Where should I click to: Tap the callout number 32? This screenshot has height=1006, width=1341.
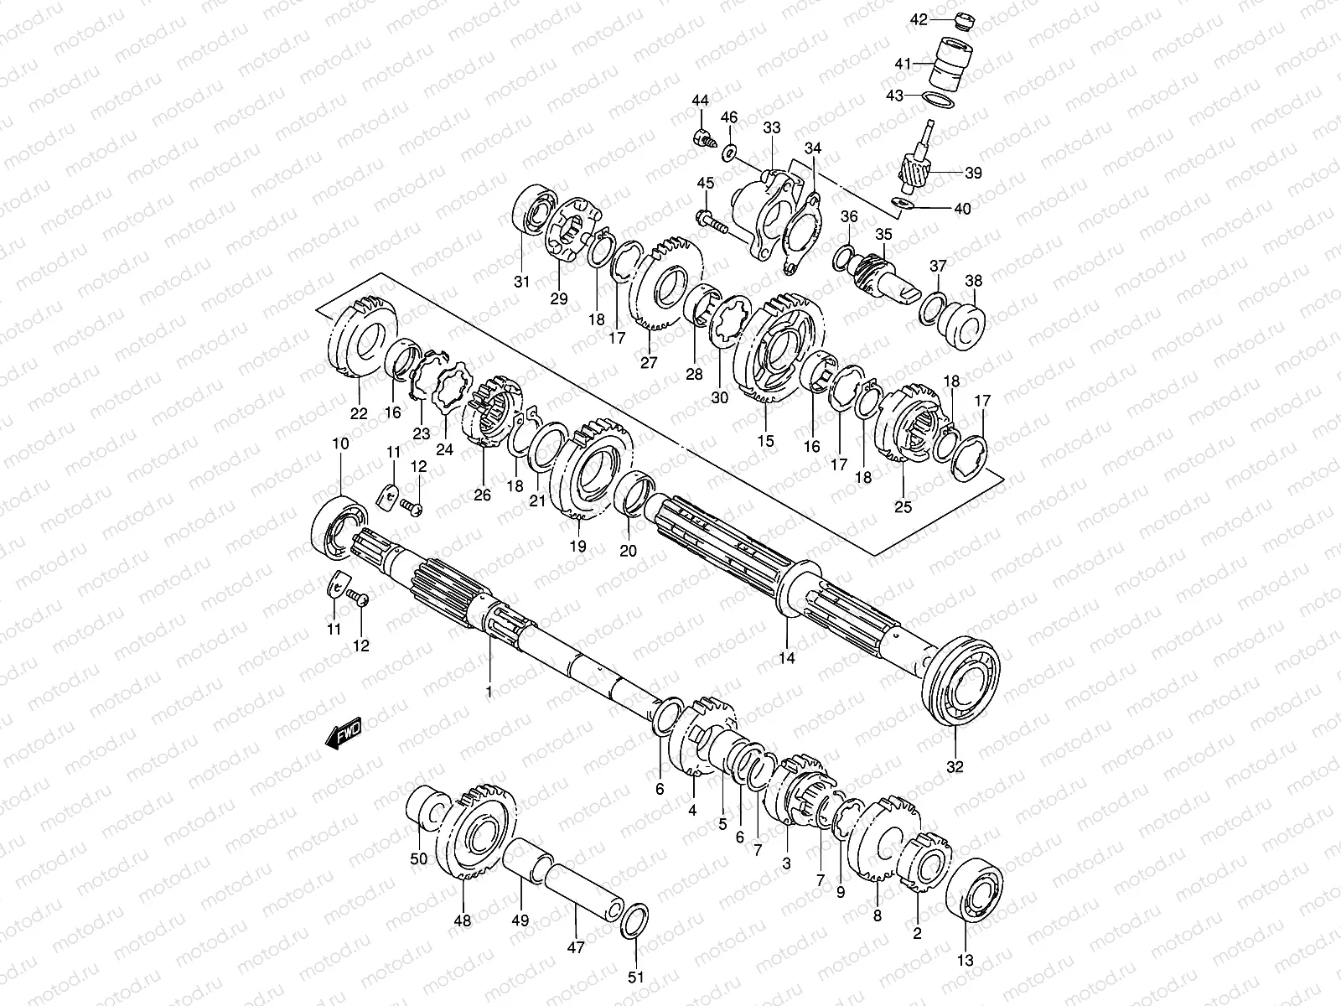click(955, 766)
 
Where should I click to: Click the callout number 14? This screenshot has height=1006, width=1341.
click(786, 658)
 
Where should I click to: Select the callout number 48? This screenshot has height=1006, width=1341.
click(463, 920)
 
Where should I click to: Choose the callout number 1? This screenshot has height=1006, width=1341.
click(489, 692)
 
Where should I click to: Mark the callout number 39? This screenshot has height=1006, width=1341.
click(972, 174)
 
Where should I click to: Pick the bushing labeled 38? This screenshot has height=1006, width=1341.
click(960, 323)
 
